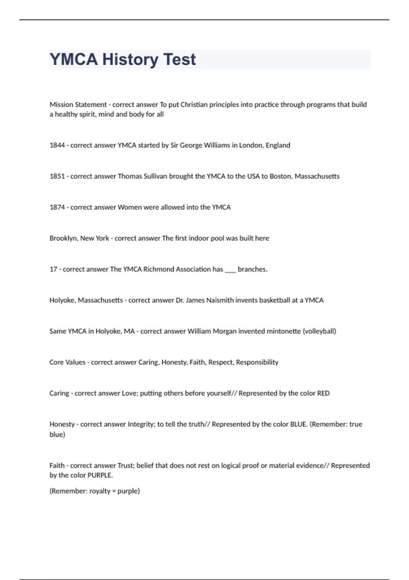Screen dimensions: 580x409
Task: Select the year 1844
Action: [57, 145]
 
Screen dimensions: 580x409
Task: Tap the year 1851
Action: [57, 176]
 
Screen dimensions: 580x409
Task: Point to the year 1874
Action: [57, 207]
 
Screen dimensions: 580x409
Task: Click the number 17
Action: [53, 269]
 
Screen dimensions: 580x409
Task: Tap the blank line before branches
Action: [230, 270]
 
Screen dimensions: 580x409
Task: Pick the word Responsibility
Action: [257, 362]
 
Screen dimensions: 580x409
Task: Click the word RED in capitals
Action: [323, 393]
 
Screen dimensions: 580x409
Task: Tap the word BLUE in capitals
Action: [298, 424]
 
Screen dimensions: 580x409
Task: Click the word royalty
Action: [100, 491]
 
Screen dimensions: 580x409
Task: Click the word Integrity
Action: [141, 424]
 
